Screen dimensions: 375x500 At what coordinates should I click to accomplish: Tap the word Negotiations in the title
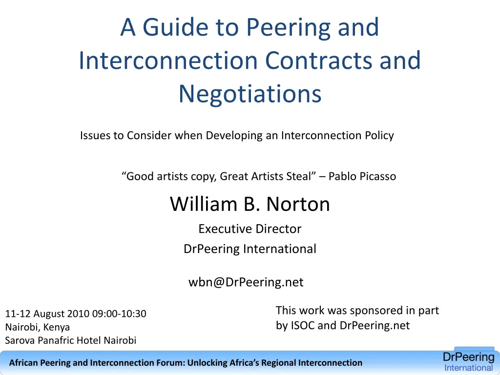tap(250, 94)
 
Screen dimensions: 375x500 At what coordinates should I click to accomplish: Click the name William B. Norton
tap(250, 204)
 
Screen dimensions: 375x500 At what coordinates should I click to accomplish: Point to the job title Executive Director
tap(250, 229)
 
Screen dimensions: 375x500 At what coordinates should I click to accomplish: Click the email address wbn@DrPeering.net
tap(246, 282)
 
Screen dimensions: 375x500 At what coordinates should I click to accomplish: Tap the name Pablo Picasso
tap(362, 176)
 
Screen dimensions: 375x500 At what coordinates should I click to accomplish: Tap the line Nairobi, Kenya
tap(38, 327)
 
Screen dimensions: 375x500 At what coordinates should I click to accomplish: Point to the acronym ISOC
tap(303, 326)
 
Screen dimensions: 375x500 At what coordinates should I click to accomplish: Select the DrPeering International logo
tap(468, 362)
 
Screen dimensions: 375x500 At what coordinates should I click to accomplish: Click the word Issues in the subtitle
tap(95, 136)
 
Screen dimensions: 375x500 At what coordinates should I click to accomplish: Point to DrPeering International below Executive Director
tap(250, 249)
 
